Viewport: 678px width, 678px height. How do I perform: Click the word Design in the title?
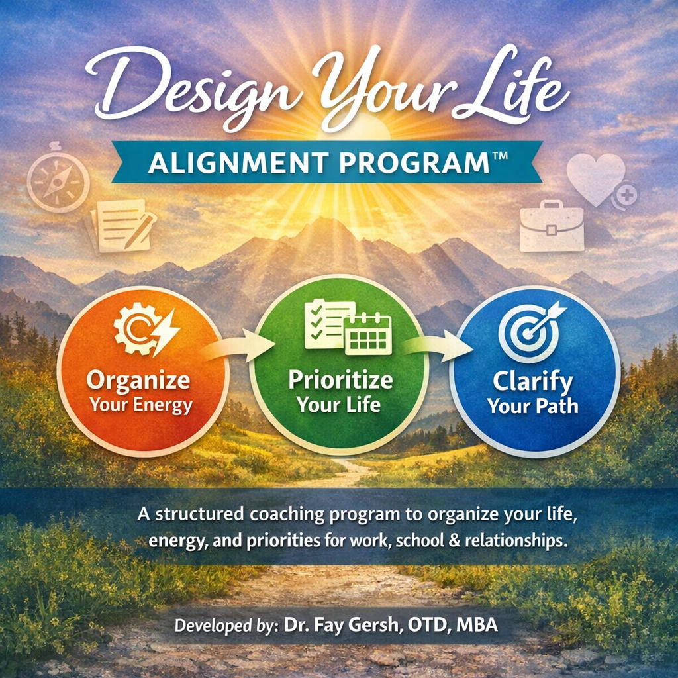pos(166,89)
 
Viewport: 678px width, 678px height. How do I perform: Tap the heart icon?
pos(595,177)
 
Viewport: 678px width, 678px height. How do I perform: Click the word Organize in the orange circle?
pos(138,381)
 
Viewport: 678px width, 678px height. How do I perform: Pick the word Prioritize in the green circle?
pos(340,380)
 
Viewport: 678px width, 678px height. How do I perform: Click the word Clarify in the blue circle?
pos(533,381)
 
